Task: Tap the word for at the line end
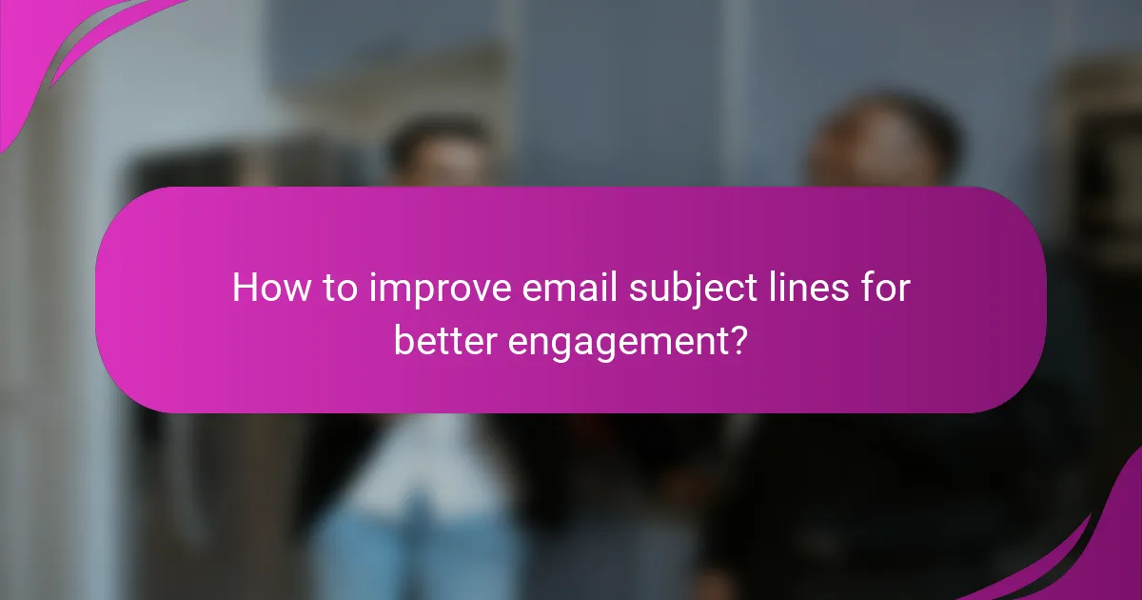885,288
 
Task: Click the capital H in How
244,288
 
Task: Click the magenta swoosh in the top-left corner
57,48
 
